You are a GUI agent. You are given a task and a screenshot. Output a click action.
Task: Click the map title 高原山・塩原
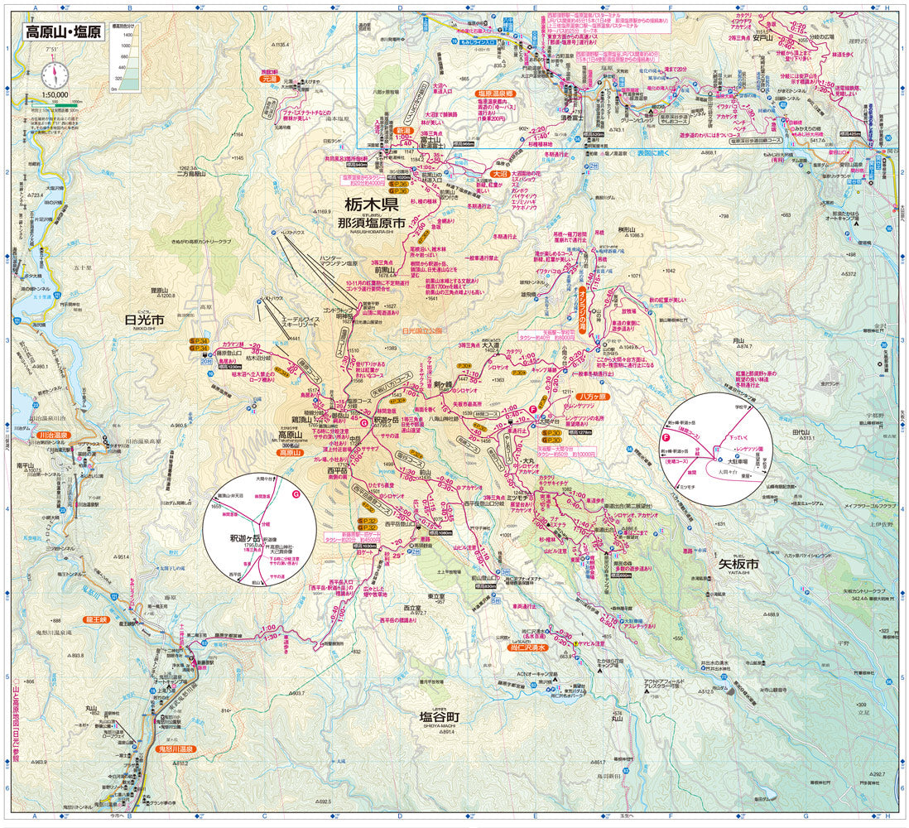tap(62, 33)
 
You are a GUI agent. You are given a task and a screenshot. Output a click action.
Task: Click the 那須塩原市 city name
tap(371, 223)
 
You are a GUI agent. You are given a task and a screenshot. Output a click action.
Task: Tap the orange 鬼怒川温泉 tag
tap(175, 749)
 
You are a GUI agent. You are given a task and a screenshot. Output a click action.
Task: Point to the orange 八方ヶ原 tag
tap(593, 397)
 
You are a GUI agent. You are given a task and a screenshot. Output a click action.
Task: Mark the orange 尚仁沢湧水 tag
tap(527, 648)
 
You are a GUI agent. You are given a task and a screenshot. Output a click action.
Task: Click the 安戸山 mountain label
tap(762, 37)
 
